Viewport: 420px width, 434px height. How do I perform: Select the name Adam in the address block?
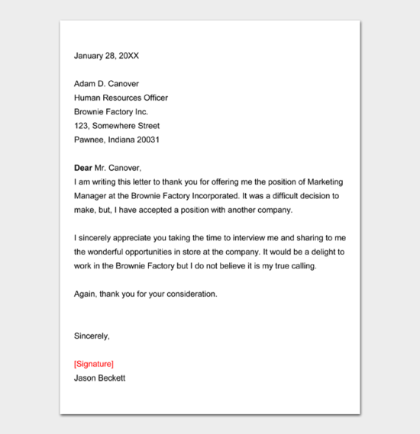click(85, 84)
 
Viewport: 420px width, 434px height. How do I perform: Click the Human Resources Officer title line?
click(121, 98)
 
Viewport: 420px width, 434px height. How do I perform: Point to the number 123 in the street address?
click(81, 126)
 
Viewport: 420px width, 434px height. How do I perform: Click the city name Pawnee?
click(89, 140)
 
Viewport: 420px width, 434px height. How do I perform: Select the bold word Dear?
click(82, 168)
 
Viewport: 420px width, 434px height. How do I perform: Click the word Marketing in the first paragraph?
click(320, 182)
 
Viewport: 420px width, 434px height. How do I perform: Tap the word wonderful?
click(111, 252)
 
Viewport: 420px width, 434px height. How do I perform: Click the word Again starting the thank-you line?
click(85, 294)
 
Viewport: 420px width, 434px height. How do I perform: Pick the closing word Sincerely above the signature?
click(92, 336)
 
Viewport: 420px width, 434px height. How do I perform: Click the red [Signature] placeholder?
click(93, 364)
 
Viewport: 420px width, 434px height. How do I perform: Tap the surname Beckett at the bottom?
click(111, 378)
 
